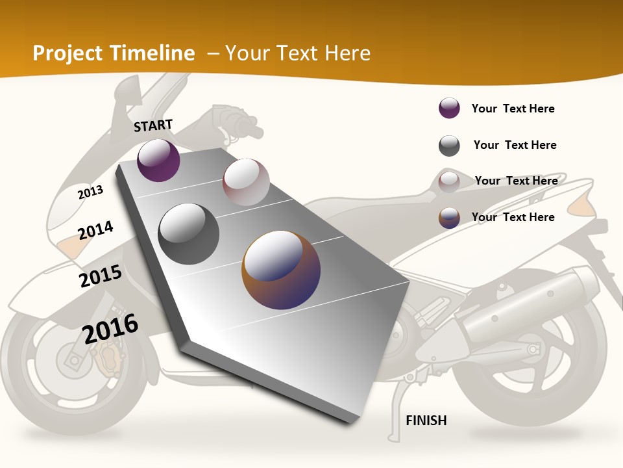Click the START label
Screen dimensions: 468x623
point(153,125)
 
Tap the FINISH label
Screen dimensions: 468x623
point(426,421)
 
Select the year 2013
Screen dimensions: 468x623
point(91,192)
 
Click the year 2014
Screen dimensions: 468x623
point(96,230)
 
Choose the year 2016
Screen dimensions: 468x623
point(110,328)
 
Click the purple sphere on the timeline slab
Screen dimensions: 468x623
point(158,161)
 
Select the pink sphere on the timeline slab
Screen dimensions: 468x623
point(246,182)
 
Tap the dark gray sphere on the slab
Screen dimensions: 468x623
point(189,234)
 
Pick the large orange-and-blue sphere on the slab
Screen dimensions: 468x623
point(281,270)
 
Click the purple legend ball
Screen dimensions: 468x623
point(449,109)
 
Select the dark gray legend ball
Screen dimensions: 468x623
point(449,146)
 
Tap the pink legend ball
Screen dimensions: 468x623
point(449,182)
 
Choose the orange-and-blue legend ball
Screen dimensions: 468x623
point(449,218)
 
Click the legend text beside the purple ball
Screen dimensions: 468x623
point(513,109)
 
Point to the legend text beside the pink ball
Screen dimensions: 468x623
point(516,181)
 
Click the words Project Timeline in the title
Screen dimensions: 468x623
point(114,53)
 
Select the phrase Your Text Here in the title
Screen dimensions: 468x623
point(298,53)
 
